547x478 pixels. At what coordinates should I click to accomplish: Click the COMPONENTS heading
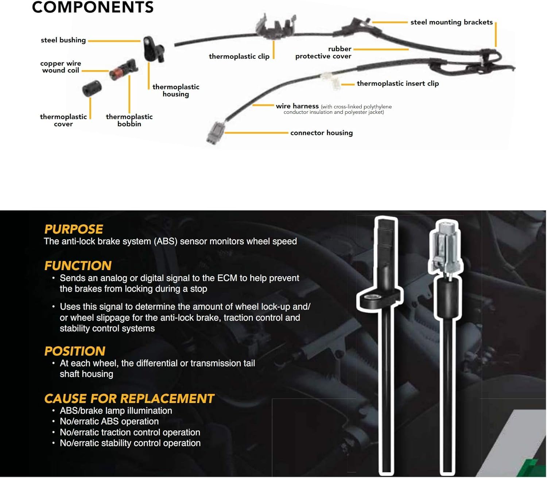point(93,7)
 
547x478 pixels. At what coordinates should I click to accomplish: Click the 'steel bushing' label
point(63,40)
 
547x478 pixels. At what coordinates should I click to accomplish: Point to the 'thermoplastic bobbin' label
point(129,120)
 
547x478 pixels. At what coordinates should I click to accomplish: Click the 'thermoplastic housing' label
point(176,90)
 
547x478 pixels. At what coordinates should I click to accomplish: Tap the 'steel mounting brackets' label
point(451,22)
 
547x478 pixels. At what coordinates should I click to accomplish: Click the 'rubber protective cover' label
point(323,52)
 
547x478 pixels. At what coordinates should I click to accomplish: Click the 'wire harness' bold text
point(297,106)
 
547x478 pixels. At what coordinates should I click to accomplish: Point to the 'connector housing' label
point(321,133)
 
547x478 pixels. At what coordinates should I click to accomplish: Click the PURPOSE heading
point(74,229)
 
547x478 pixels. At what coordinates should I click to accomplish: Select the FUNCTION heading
point(78,265)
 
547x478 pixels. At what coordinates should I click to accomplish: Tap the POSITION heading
point(75,351)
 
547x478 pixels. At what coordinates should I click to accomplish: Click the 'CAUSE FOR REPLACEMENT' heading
point(129,398)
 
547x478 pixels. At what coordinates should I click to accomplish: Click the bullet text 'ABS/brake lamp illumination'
point(116,411)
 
